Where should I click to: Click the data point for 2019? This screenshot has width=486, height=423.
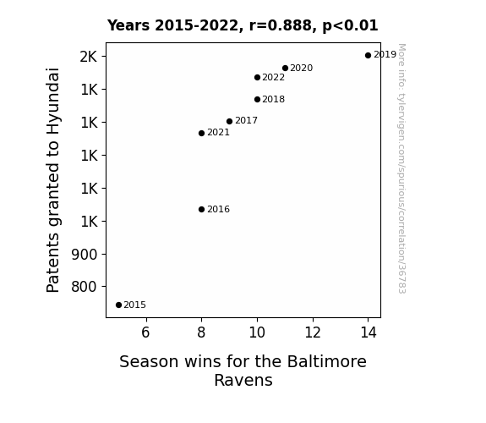click(x=368, y=56)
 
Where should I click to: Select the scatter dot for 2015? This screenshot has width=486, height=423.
click(x=118, y=305)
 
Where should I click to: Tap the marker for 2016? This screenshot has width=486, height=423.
click(x=201, y=210)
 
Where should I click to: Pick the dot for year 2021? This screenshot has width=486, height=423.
click(x=201, y=133)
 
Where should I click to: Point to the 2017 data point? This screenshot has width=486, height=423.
click(x=229, y=121)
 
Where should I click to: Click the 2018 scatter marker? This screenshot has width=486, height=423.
click(x=257, y=99)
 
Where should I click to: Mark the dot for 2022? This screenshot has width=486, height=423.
click(x=257, y=77)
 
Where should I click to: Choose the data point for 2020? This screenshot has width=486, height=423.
click(x=285, y=68)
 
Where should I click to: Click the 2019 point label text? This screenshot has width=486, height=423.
click(x=385, y=55)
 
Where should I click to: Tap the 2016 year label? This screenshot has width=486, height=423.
click(x=219, y=210)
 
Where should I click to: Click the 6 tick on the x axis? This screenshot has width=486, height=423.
click(x=145, y=332)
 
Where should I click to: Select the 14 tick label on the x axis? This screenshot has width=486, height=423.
click(x=369, y=332)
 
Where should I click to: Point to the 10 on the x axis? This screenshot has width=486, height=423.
click(x=257, y=332)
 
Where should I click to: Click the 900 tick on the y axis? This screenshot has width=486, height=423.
click(x=85, y=255)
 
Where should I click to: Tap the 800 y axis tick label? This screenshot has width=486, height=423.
click(x=85, y=287)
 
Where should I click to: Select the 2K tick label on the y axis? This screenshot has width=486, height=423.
click(x=89, y=57)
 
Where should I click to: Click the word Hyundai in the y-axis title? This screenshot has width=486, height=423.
click(x=52, y=102)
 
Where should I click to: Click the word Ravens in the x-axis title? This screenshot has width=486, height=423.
click(x=243, y=380)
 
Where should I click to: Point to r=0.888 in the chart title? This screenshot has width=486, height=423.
click(x=281, y=25)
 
